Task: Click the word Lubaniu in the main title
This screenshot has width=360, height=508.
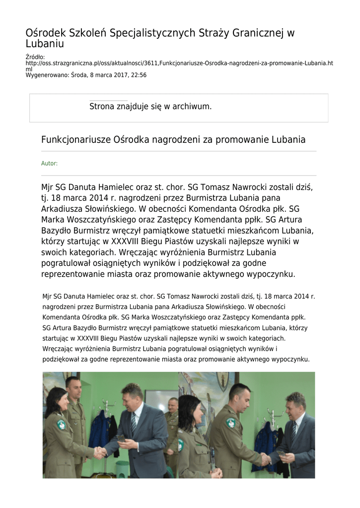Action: click(x=45, y=44)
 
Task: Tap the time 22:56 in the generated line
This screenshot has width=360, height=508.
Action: click(x=138, y=75)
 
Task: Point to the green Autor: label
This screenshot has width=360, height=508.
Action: click(x=49, y=163)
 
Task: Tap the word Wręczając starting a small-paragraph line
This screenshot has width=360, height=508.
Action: click(x=59, y=349)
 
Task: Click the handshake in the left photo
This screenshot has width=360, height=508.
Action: click(x=100, y=452)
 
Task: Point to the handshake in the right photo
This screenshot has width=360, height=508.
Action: click(x=266, y=459)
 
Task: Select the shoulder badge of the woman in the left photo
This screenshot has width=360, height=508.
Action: click(x=61, y=425)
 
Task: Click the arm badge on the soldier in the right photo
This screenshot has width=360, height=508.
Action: click(x=231, y=423)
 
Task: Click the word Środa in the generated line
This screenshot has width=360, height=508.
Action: click(x=79, y=75)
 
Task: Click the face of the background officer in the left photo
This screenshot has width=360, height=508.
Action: click(x=172, y=405)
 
